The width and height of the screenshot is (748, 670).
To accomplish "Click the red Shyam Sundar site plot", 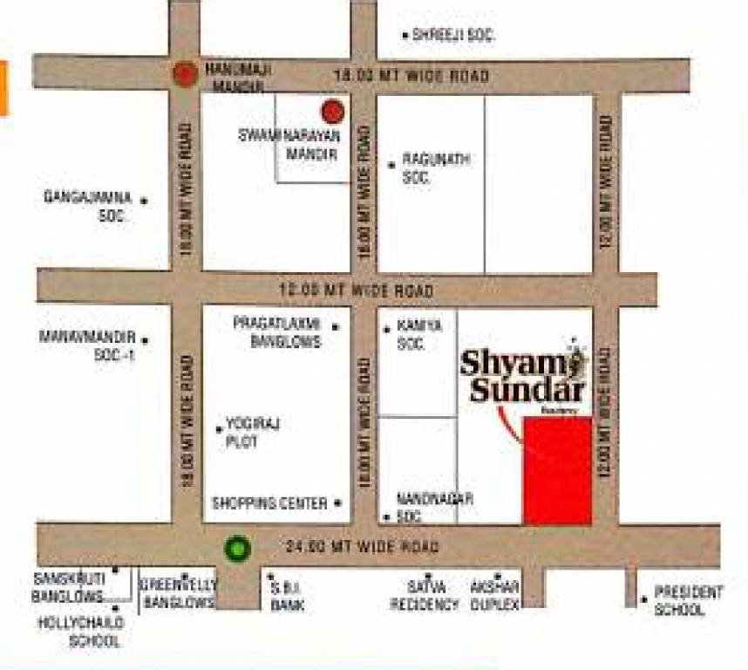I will [x=558, y=471].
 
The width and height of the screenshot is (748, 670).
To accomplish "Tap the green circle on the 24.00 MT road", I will [x=238, y=549].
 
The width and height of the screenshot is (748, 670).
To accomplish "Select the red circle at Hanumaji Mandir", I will [x=185, y=74].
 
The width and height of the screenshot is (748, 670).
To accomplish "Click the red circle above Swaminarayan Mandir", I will [x=332, y=111].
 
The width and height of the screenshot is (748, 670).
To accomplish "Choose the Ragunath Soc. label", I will [x=436, y=167].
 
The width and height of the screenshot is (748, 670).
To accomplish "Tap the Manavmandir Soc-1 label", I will [x=88, y=345].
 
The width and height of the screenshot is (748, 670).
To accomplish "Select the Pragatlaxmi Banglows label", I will [x=277, y=332].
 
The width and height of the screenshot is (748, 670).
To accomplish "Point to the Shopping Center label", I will [x=269, y=503].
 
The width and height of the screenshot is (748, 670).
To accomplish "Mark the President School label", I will [x=689, y=601].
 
